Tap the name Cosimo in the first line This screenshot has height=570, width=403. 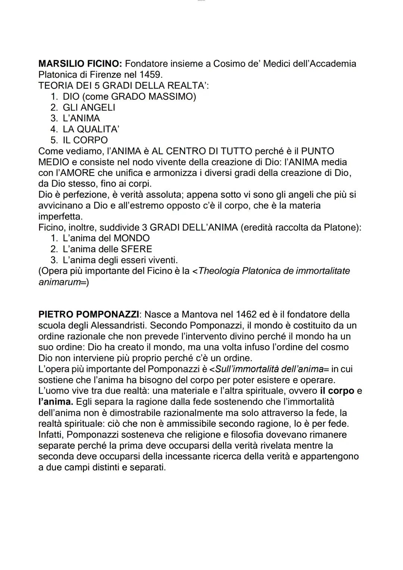point(232,64)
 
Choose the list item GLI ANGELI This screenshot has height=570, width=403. point(89,108)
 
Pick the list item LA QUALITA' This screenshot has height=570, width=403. point(91,129)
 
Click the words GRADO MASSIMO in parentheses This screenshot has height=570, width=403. point(151,97)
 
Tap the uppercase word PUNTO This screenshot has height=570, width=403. point(318,151)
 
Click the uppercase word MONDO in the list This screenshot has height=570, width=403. point(132,238)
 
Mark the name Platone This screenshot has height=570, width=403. point(341,227)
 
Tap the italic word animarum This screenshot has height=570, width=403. point(60,282)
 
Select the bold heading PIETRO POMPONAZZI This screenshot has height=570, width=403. point(89,315)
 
